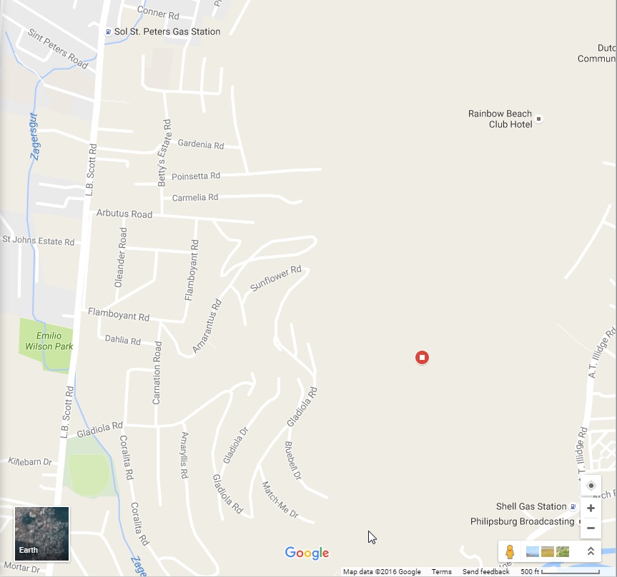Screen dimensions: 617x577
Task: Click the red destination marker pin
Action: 422,357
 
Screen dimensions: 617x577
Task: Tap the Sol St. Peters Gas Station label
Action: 167,32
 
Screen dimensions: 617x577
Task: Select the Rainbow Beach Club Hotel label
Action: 500,119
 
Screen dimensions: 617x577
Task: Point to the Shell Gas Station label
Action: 531,506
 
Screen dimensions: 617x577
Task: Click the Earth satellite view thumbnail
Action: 42,533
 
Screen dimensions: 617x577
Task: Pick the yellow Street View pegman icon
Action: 510,551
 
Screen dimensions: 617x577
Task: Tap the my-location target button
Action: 591,486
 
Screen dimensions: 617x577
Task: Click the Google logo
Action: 307,553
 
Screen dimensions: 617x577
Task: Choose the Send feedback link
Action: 485,572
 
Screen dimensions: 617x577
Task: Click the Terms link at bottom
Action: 441,572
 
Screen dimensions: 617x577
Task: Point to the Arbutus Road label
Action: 124,214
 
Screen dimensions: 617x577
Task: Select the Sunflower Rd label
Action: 276,279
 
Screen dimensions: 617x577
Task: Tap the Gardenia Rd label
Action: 201,145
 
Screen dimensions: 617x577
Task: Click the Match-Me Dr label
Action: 280,500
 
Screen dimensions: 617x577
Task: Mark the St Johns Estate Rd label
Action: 39,241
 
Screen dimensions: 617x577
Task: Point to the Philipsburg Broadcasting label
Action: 522,521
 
